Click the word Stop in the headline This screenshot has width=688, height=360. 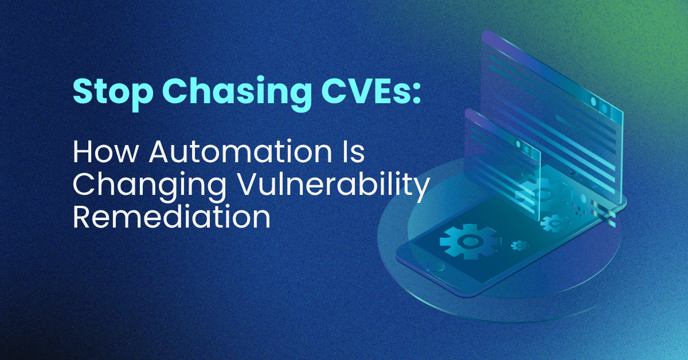pos(113,92)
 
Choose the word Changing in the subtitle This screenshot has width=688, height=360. pos(149,186)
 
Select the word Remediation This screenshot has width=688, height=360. pos(171,217)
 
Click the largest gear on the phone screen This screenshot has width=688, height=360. pos(468,241)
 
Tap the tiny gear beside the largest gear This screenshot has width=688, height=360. pos(519,245)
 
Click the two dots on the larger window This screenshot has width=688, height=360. pos(599,105)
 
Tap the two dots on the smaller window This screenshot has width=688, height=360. pos(523,147)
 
